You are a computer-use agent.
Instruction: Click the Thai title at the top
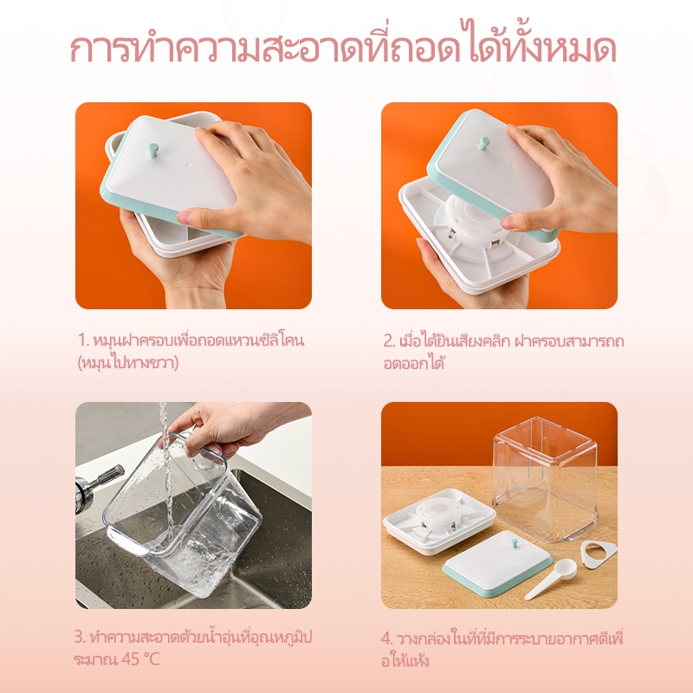coord(343,46)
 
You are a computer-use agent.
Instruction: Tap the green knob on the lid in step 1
coord(153,149)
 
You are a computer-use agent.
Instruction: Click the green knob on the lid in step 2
coord(484,144)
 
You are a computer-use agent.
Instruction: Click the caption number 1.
coord(83,340)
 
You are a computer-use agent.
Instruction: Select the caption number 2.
coord(389,341)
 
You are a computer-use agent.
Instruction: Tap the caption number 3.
coord(80,638)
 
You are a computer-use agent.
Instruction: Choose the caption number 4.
coord(386,639)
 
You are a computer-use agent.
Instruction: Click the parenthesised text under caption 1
coord(128,363)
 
